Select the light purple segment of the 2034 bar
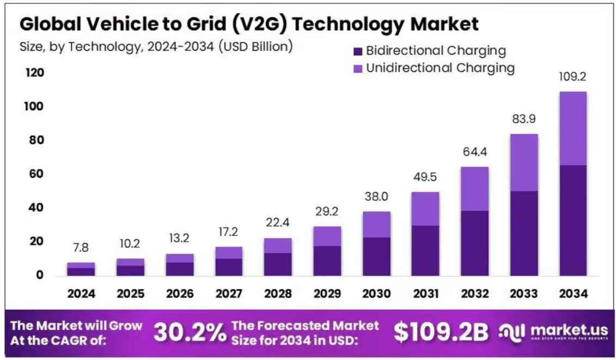[x=572, y=129]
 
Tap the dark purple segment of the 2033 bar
[x=523, y=233]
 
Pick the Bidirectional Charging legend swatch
[x=358, y=51]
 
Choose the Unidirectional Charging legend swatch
[x=358, y=68]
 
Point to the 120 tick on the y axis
[x=33, y=73]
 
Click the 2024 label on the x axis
[x=81, y=294]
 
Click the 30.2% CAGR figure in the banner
[x=190, y=332]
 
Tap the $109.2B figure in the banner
[x=441, y=332]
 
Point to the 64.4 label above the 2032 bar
[x=474, y=152]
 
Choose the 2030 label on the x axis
[x=376, y=294]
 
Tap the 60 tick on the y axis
[x=36, y=174]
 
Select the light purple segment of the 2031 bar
[x=425, y=209]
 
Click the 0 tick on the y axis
[x=39, y=275]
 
